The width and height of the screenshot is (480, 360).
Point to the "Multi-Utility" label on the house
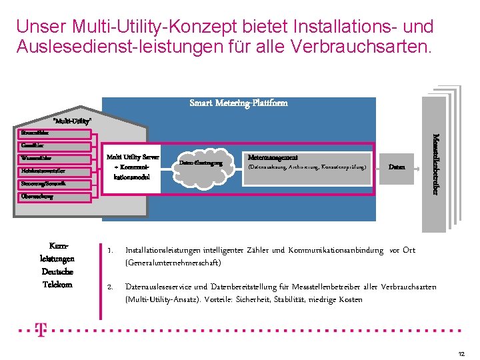(72, 121)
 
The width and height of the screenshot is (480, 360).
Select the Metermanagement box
(307, 163)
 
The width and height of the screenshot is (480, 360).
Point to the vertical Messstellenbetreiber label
(435, 164)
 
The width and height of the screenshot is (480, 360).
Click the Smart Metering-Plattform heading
(239, 103)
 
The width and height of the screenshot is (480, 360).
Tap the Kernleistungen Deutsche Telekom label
(57, 265)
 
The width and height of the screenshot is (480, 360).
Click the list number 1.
(109, 251)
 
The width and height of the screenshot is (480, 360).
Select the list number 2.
(109, 287)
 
